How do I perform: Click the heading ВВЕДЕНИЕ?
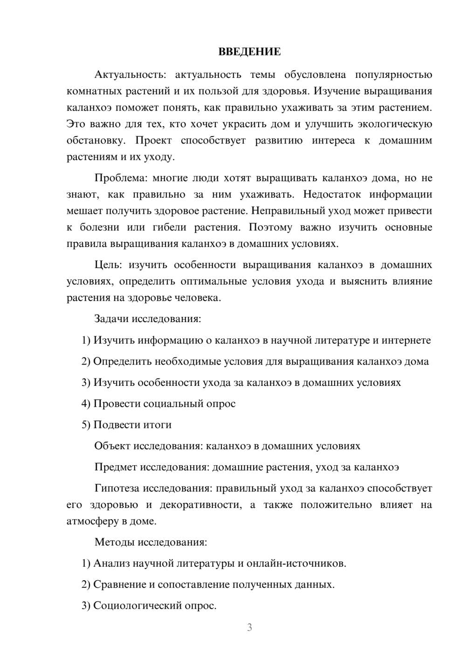pyautogui.click(x=249, y=52)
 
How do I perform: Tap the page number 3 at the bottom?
pyautogui.click(x=249, y=627)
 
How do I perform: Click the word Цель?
pyautogui.click(x=108, y=265)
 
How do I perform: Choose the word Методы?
pyautogui.click(x=113, y=542)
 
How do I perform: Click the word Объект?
pyautogui.click(x=112, y=446)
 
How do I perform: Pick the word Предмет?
pyautogui.click(x=116, y=467)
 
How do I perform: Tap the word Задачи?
pyautogui.click(x=111, y=319)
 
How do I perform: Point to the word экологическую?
pyautogui.click(x=395, y=124)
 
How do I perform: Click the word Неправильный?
pyautogui.click(x=288, y=211)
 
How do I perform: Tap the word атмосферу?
pyautogui.click(x=92, y=522)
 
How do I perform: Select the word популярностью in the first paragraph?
pyautogui.click(x=394, y=75)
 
